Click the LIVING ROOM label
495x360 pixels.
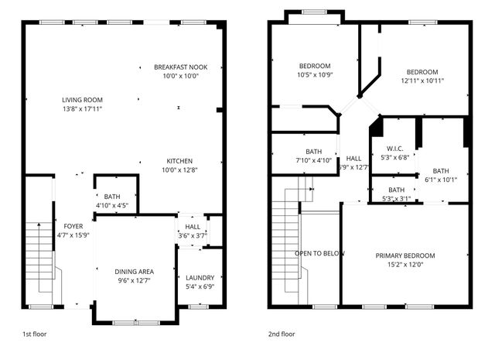pyautogui.click(x=82, y=100)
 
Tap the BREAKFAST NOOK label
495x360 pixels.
pyautogui.click(x=180, y=67)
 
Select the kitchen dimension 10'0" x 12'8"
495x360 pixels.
pyautogui.click(x=179, y=170)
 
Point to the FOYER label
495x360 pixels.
pyautogui.click(x=73, y=226)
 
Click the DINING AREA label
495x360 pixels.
pyautogui.click(x=134, y=272)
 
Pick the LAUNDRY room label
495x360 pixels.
pyautogui.click(x=200, y=278)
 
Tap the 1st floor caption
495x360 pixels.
pyautogui.click(x=34, y=334)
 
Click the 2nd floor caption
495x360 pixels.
pyautogui.click(x=282, y=334)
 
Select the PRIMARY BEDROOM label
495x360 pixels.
pyautogui.click(x=405, y=255)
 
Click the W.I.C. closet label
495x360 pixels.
pyautogui.click(x=395, y=149)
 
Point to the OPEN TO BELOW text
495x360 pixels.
pyautogui.click(x=319, y=253)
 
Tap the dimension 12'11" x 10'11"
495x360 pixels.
pyautogui.click(x=422, y=81)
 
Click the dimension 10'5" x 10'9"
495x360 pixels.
pyautogui.click(x=315, y=75)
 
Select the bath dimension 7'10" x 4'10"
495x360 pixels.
pyautogui.click(x=314, y=160)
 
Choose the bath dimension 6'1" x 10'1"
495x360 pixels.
pyautogui.click(x=441, y=180)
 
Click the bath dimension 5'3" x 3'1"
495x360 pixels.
pyautogui.click(x=397, y=199)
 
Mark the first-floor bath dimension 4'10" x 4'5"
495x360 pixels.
pyautogui.click(x=112, y=205)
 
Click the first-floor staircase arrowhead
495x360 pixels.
pyautogui.click(x=39, y=225)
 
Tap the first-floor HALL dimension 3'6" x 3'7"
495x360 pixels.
pyautogui.click(x=193, y=236)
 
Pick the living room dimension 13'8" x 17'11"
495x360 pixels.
pyautogui.click(x=83, y=109)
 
